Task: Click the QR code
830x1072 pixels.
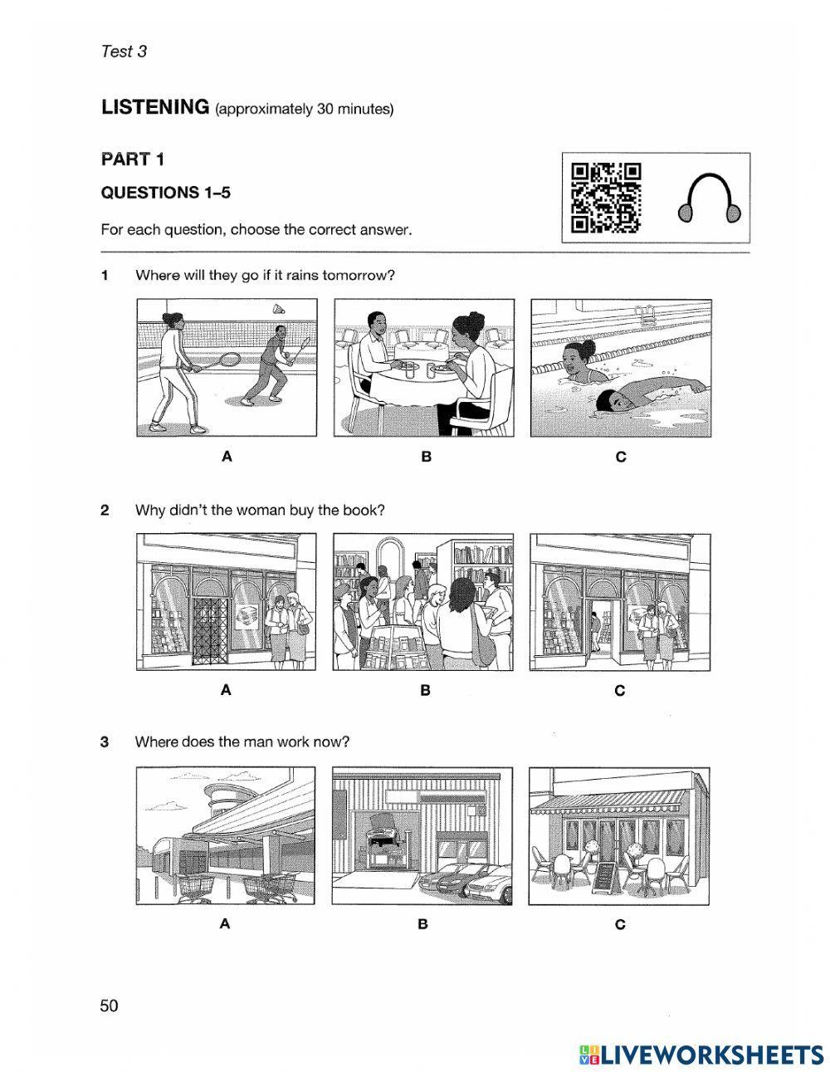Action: tap(607, 198)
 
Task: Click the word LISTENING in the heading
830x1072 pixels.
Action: tap(154, 107)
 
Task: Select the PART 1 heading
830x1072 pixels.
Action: tap(132, 158)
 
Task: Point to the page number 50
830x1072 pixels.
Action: tap(109, 1006)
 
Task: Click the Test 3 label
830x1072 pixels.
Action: tap(123, 51)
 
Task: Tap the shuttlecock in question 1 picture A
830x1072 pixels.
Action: tap(279, 309)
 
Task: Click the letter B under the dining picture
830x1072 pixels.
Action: tap(426, 457)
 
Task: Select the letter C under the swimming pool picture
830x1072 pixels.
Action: tap(620, 457)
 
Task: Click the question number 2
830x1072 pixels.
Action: tap(105, 510)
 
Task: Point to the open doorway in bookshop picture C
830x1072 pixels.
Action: tap(598, 630)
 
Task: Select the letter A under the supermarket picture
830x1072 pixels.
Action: tap(224, 923)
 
